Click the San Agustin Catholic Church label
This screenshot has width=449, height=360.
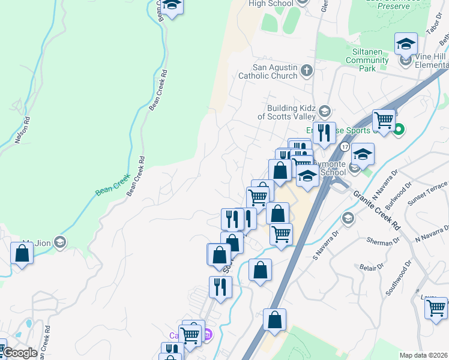click(x=268, y=71)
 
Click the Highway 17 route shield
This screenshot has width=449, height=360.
click(x=344, y=146)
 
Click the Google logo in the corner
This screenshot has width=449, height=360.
click(x=19, y=353)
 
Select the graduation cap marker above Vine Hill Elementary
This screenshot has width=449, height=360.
click(x=406, y=44)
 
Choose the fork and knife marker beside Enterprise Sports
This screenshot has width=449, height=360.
click(x=324, y=133)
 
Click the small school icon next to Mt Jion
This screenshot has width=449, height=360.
click(x=59, y=242)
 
